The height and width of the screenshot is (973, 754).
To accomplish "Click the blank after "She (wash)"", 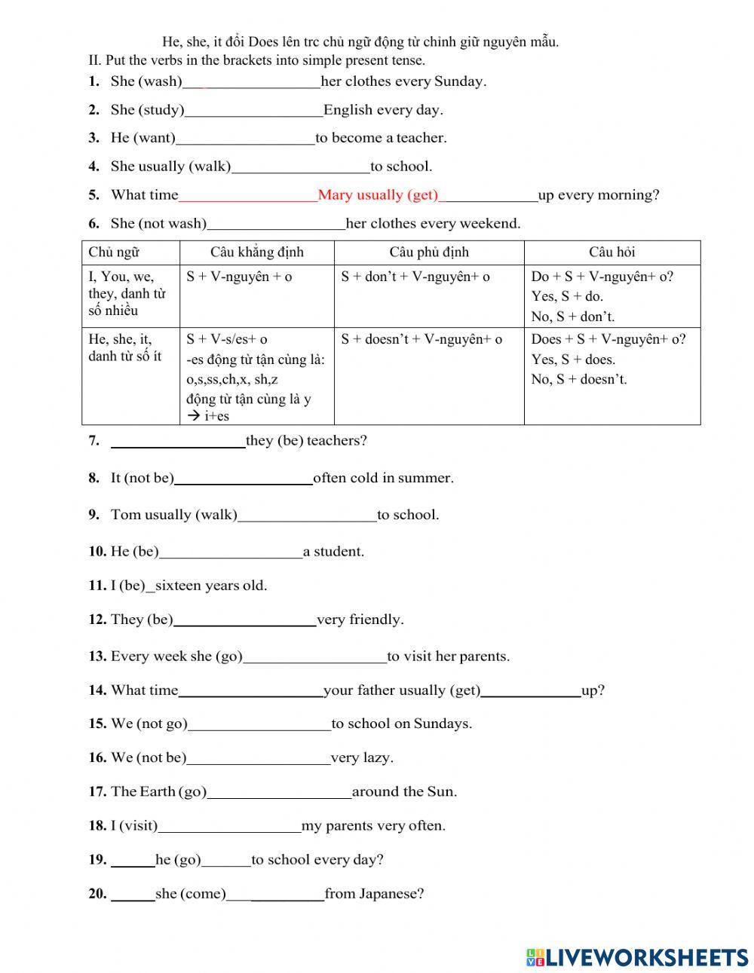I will tap(251, 82).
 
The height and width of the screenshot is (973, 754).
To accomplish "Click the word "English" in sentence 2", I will tap(348, 110).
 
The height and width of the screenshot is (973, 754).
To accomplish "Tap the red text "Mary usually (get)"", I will tap(378, 195).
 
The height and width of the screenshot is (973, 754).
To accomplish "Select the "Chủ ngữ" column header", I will tap(114, 252).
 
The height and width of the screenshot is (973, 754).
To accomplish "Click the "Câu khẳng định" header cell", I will tap(256, 252).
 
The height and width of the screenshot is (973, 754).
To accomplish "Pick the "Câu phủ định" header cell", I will tap(429, 252).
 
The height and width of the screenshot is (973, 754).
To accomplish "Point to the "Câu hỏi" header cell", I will tap(611, 252).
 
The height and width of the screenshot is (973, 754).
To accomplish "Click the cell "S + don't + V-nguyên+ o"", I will tap(415, 277).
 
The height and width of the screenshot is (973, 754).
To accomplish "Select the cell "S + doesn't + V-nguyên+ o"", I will tap(421, 340).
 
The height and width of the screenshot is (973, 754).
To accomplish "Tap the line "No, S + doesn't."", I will tap(578, 379).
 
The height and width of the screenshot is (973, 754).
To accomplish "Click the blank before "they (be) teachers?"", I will tap(178, 442).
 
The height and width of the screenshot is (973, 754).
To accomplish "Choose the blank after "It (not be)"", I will tap(243, 479).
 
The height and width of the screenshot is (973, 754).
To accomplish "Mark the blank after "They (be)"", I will tap(244, 620).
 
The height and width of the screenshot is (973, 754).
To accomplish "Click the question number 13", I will tap(97, 656).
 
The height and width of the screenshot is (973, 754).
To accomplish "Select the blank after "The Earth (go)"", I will tap(279, 792).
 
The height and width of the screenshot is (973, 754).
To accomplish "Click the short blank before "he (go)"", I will tap(133, 861).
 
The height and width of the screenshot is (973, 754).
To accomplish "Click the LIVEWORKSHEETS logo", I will tap(637, 956).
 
